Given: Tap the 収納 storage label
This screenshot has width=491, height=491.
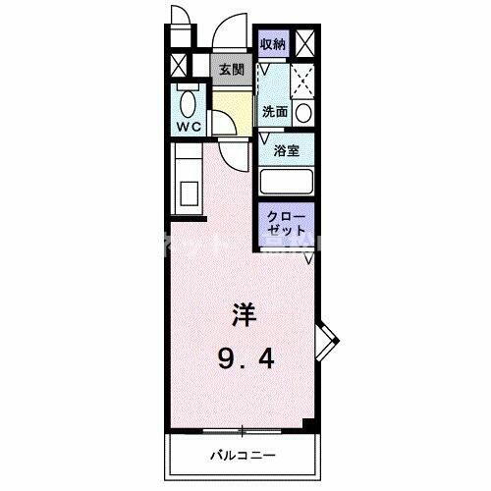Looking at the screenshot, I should (x=273, y=43).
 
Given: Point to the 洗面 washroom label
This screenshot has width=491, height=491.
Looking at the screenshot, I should (x=274, y=112).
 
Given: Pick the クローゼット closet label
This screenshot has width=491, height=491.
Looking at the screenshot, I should (x=286, y=223).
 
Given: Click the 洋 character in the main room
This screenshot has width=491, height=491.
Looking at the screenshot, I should (x=245, y=316).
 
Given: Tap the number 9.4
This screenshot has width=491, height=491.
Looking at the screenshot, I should (x=245, y=361).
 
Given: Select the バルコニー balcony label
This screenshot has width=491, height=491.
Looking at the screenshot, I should (x=242, y=456).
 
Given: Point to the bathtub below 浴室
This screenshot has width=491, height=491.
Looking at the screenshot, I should (x=287, y=182).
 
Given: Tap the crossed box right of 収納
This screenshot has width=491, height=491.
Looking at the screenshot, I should (x=304, y=43).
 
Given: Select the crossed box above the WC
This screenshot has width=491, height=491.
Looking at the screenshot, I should (x=178, y=68).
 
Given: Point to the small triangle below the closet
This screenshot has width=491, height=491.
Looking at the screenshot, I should (x=308, y=258).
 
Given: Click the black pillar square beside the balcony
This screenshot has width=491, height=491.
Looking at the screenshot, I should (x=308, y=425).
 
